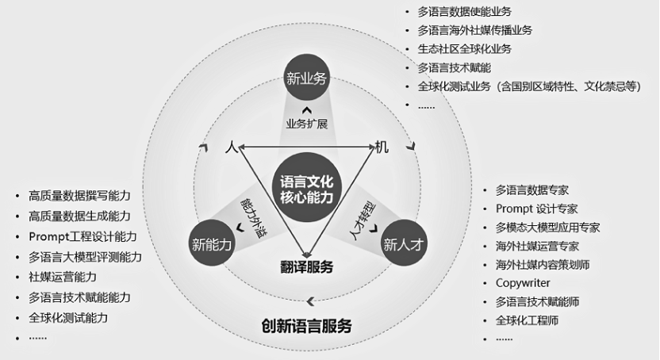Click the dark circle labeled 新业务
coord(306,80)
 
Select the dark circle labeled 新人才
coord(405,244)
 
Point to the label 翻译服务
coord(306,266)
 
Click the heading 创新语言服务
coord(306,326)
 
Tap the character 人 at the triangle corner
coord(231,147)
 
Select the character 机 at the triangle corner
coord(382,147)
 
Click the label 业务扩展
coord(306,124)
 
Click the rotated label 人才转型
coord(362,215)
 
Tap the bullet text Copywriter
coord(523,283)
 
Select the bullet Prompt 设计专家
coord(536,209)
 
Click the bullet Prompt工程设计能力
coord(82,236)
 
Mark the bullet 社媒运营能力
coord(63,277)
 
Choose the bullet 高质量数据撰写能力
coord(79,195)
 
